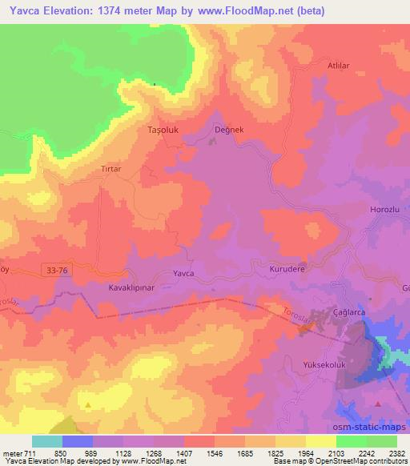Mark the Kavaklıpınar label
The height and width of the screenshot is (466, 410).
tap(130, 286)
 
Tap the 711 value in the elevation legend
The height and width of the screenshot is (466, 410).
tap(30, 453)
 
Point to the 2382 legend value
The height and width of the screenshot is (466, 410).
tap(398, 453)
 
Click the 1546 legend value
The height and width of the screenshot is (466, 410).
tap(214, 453)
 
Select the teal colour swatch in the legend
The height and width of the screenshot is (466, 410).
tap(47, 441)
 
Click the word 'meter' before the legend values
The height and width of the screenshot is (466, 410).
tap(11, 453)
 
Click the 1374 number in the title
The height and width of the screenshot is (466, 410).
tap(111, 11)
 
